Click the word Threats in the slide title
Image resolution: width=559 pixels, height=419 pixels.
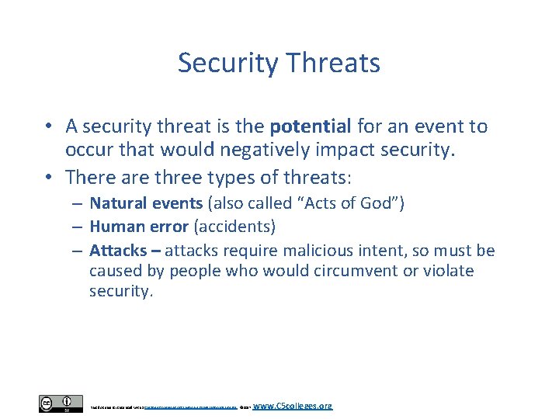(335, 63)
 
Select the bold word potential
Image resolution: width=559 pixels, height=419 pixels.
(311, 126)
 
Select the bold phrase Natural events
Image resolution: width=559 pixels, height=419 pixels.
(140, 204)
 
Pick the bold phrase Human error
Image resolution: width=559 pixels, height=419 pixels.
(139, 227)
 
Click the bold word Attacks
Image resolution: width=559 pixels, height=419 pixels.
(118, 251)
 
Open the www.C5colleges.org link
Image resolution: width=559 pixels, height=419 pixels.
(293, 406)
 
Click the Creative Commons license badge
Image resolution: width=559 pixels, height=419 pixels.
(61, 404)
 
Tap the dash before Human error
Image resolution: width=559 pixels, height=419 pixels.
(79, 227)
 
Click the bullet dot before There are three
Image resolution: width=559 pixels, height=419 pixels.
(49, 177)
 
